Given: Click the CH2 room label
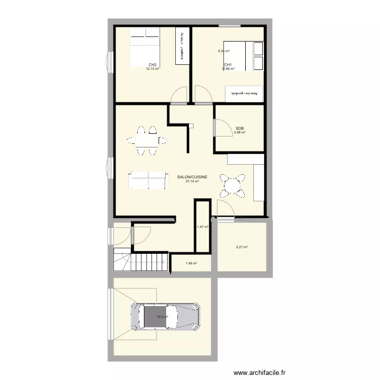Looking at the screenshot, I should click(152, 65).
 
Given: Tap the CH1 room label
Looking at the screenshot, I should click(227, 65).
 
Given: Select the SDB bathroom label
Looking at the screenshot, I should click(240, 129).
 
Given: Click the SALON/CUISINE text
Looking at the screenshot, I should click(192, 177).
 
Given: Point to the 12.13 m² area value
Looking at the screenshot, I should click(153, 69).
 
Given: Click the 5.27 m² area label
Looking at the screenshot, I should click(242, 247).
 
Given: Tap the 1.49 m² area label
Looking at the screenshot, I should click(191, 263).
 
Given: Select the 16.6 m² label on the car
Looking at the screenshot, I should click(162, 317).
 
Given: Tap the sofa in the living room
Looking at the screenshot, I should click(147, 180).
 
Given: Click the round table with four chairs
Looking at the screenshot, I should click(232, 185).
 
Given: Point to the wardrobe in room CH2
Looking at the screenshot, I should click(182, 46).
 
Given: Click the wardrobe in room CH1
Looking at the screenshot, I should click(245, 94).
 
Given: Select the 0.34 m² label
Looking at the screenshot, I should click(223, 51).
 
